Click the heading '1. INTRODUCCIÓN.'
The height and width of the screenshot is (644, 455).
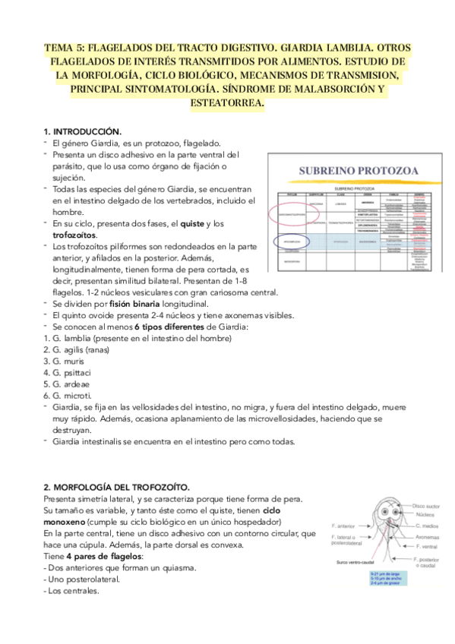pos(83,131)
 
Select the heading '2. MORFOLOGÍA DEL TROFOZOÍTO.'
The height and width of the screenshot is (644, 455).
pos(117,485)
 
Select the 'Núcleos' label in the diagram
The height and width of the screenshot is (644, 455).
pos(425,514)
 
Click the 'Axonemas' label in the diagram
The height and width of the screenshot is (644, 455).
pos(428,535)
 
